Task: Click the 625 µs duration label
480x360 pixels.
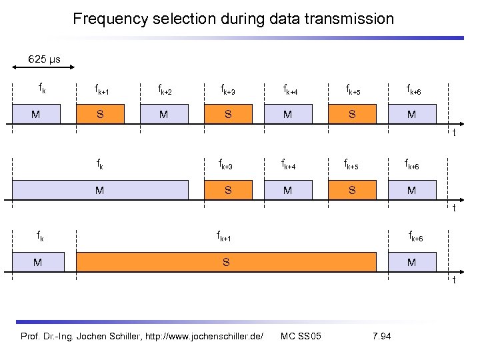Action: [44, 59]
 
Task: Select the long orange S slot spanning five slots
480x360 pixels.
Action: [226, 263]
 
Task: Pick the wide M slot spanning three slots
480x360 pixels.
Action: [100, 191]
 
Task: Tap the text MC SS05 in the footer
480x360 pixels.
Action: [301, 335]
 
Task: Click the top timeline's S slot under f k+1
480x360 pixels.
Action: [100, 114]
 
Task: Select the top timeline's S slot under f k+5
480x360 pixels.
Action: [351, 114]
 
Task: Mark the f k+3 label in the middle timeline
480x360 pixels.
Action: [227, 164]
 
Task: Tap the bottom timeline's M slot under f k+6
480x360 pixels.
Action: [411, 263]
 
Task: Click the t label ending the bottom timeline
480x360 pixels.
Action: [454, 280]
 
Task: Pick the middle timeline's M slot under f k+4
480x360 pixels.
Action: [287, 191]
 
